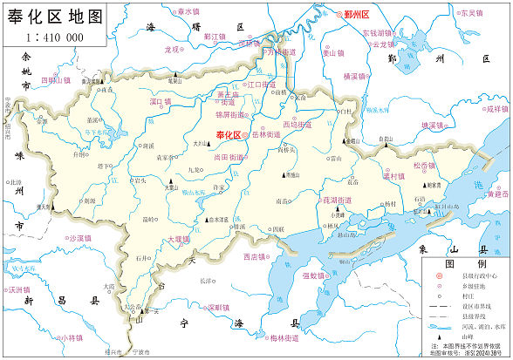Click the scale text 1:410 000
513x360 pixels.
[x=54, y=37]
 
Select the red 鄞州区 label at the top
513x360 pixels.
[x=357, y=15]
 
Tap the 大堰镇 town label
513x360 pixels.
[x=178, y=238]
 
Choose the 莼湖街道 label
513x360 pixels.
[x=337, y=200]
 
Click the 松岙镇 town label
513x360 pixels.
[x=423, y=166]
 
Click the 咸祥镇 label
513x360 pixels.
[x=496, y=110]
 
